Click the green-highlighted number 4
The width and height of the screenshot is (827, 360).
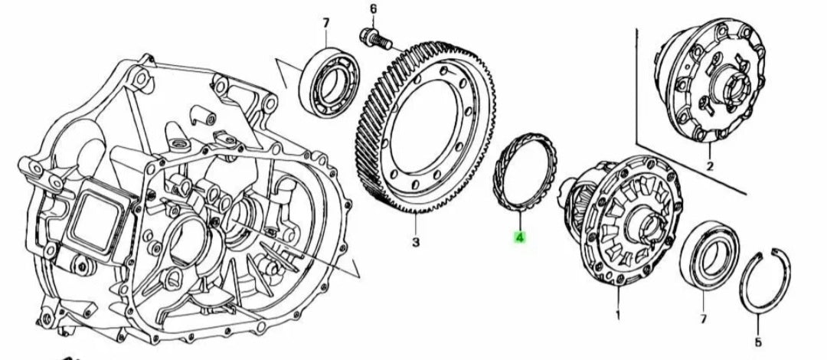pyautogui.click(x=519, y=238)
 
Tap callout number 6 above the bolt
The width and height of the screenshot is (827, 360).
pyautogui.click(x=373, y=9)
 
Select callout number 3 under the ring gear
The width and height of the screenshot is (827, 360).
pyautogui.click(x=416, y=243)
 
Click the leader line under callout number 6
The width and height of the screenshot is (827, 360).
pyautogui.click(x=373, y=21)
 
